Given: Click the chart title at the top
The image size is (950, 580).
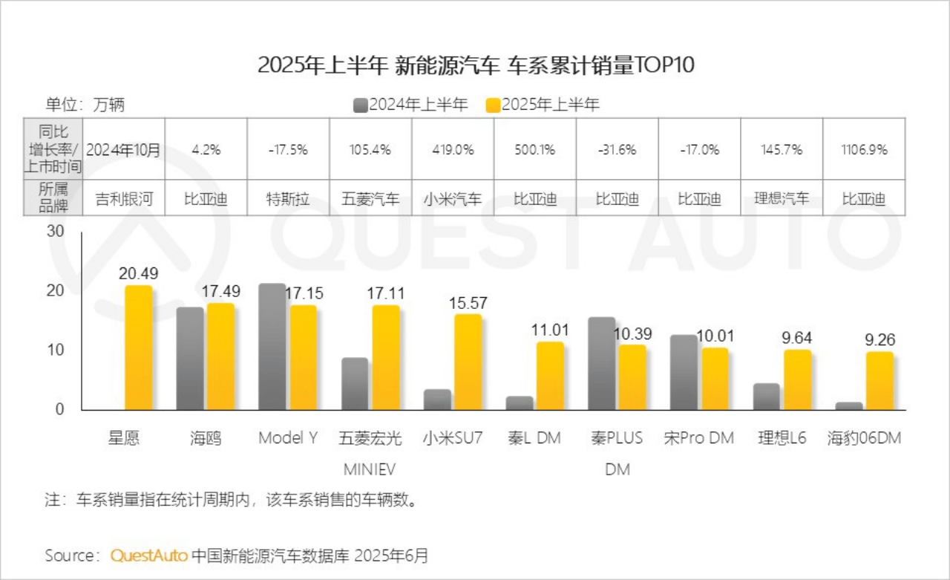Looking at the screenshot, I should click(x=475, y=65).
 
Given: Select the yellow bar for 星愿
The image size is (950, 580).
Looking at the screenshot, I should click(x=138, y=348).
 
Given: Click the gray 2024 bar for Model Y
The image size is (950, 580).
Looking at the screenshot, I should click(x=272, y=347).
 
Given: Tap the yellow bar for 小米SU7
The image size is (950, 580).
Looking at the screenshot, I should click(x=468, y=362).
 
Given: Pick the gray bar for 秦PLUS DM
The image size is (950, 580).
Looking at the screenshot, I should click(x=601, y=363).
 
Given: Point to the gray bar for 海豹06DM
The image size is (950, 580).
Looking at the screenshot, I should click(x=849, y=405).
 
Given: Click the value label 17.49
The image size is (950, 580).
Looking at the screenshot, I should click(x=220, y=293).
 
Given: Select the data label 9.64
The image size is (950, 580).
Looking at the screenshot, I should click(x=796, y=339).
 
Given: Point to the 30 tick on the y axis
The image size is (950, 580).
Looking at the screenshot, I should click(x=56, y=232).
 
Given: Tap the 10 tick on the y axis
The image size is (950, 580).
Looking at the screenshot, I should click(x=56, y=350).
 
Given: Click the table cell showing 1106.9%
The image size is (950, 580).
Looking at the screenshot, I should click(x=864, y=149).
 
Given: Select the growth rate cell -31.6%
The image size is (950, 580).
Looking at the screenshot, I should click(x=617, y=149).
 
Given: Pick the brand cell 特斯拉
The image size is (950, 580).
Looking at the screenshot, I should click(x=288, y=198).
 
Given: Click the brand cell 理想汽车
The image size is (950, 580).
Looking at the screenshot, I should click(x=781, y=198).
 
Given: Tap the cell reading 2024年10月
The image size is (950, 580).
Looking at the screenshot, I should click(x=123, y=149).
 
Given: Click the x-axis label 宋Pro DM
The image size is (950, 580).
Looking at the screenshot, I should click(x=698, y=438).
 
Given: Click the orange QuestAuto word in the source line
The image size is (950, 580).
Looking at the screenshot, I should click(x=148, y=555).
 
